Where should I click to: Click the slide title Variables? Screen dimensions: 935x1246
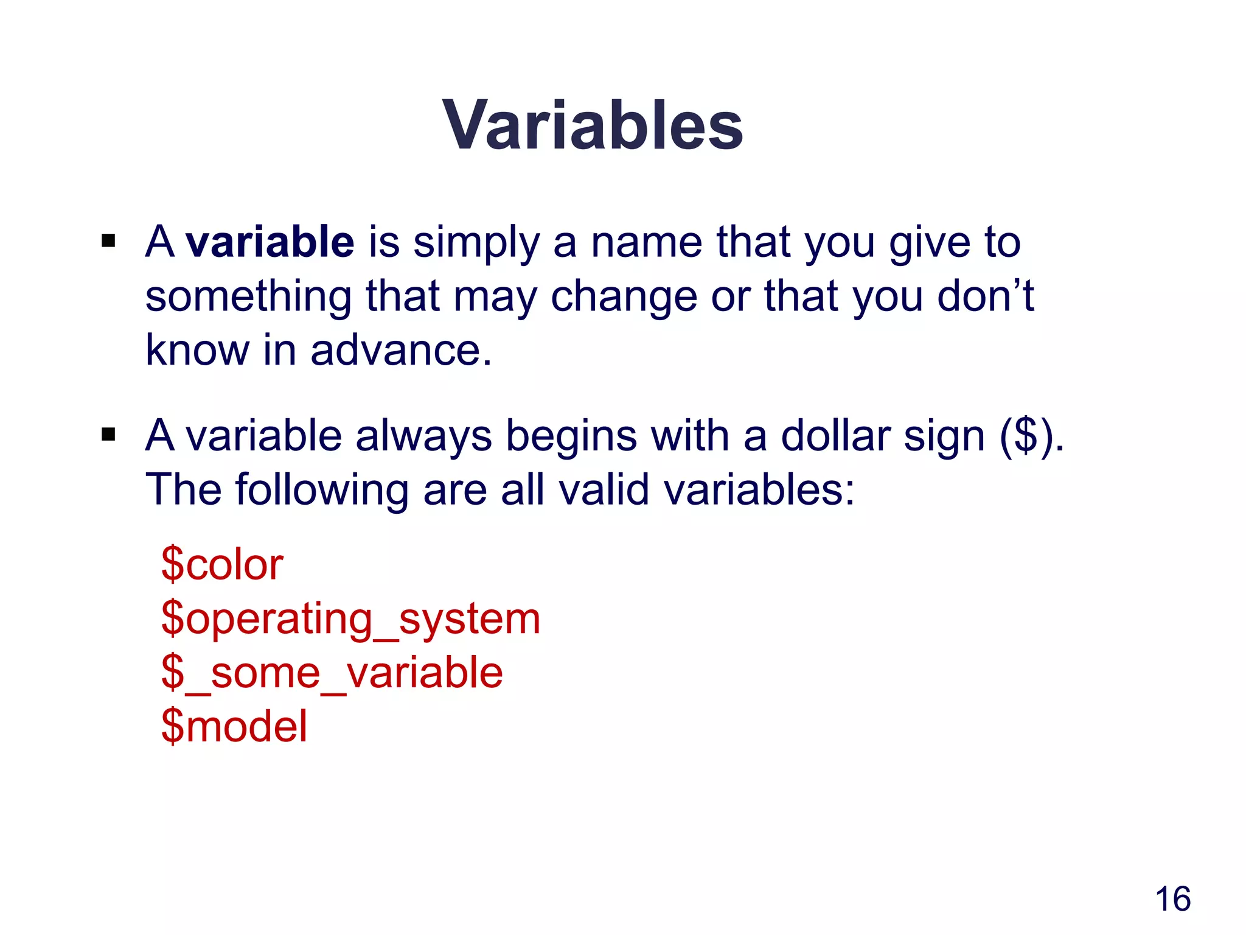[593, 125]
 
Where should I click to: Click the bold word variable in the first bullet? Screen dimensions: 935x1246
[270, 242]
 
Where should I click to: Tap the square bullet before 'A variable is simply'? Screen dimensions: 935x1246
[108, 241]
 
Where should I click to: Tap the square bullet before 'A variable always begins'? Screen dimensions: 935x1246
[108, 435]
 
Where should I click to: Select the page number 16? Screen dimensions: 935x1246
[1172, 898]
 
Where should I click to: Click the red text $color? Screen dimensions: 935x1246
[222, 564]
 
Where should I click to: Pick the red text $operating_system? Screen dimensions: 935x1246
[350, 618]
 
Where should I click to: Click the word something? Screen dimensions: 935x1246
[248, 297]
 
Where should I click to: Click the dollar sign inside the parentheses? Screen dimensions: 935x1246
[1027, 436]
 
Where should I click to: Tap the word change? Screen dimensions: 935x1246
[624, 297]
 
